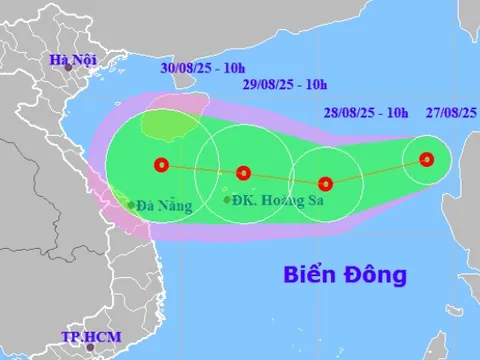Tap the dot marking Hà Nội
point(69,69)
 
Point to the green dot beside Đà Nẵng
point(131,206)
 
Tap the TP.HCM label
point(86,337)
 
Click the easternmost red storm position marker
point(427,159)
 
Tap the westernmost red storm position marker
point(159,165)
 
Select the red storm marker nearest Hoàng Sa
point(243,173)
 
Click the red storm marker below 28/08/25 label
point(325,183)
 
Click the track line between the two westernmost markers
point(201,169)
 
